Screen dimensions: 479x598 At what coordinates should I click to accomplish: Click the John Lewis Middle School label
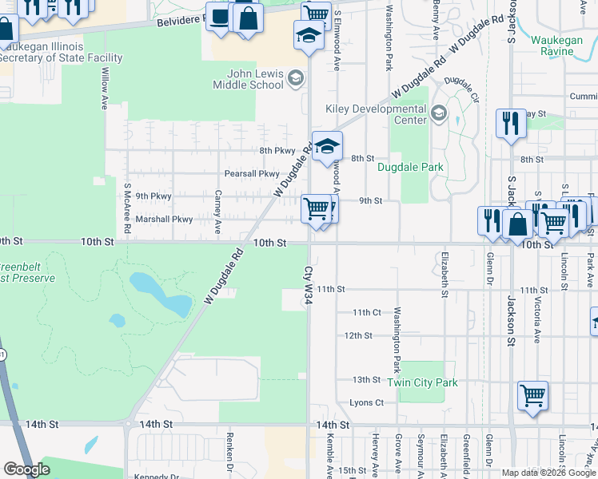coord(248,79)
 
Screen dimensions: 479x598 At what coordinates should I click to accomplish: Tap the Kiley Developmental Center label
coord(375,114)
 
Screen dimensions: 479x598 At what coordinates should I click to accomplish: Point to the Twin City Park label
coord(422,382)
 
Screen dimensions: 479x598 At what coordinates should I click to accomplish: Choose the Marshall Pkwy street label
coord(164,219)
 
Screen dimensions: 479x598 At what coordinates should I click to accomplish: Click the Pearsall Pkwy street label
coord(252,173)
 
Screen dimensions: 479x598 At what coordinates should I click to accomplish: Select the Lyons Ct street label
coord(367,403)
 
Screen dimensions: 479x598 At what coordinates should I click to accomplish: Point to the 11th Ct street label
coord(367,312)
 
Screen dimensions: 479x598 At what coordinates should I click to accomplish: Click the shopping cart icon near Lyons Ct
coord(532,395)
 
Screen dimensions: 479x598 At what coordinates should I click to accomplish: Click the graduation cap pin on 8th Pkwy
coord(326,146)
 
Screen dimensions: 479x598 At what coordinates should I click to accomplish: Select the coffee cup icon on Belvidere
coord(219,16)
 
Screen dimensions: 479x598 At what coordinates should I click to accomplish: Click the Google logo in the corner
coord(26,469)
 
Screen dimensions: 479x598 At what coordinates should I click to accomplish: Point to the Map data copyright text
coord(548,473)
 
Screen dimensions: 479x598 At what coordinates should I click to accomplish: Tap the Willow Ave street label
coord(105,88)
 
